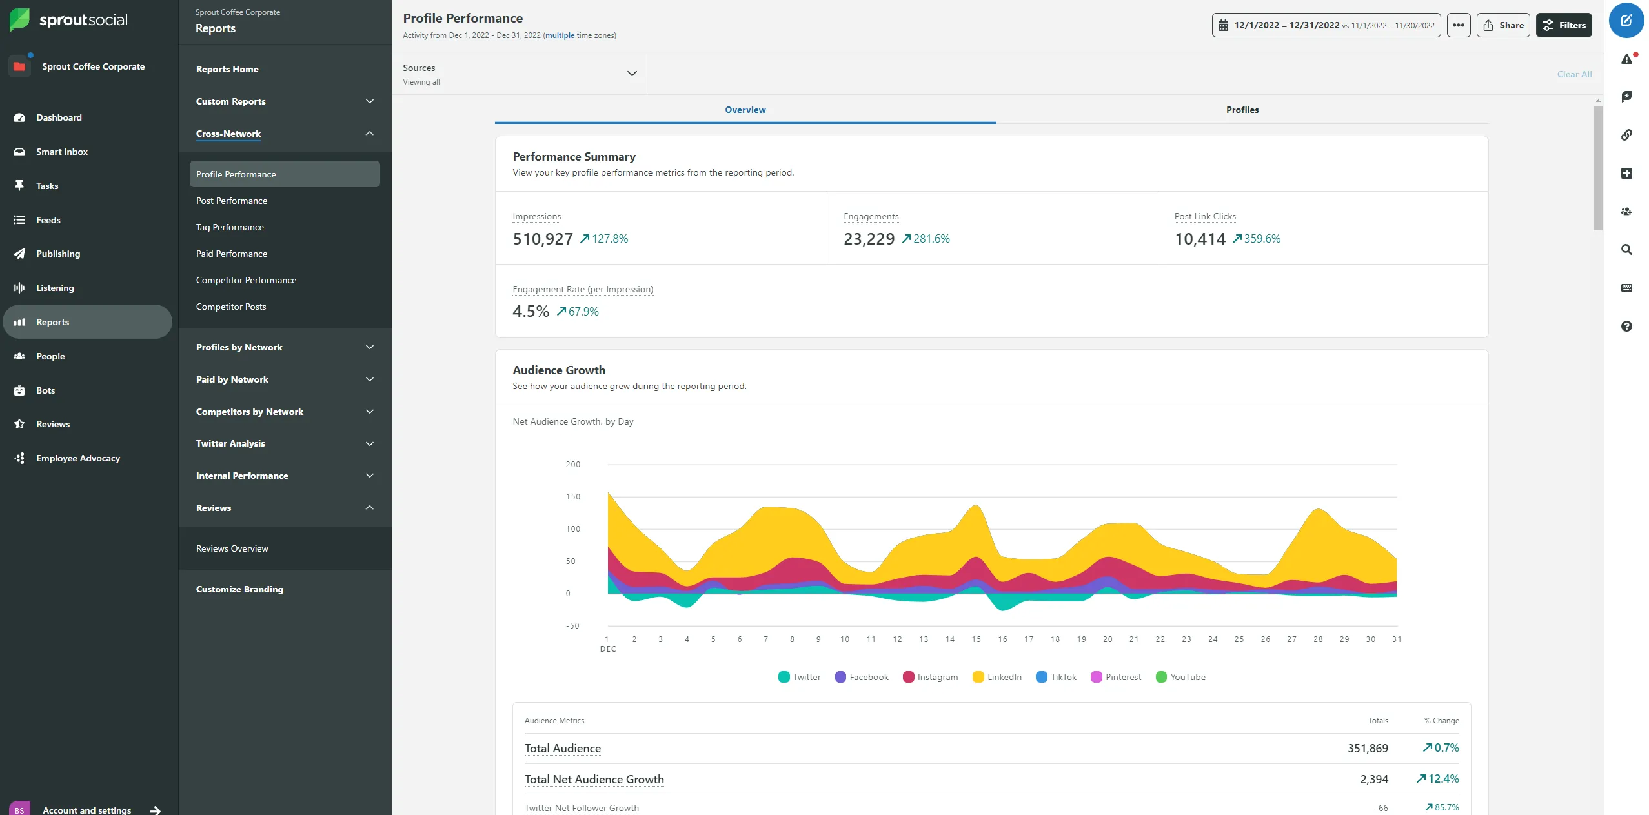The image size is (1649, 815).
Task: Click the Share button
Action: tap(1502, 25)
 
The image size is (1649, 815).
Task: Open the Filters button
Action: tap(1563, 25)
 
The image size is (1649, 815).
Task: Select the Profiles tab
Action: tap(1242, 110)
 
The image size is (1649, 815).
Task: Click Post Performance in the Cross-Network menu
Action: tap(232, 201)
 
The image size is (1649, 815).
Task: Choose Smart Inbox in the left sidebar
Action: tap(62, 152)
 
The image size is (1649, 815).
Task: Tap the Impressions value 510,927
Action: tap(542, 239)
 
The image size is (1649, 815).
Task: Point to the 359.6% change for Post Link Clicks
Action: tap(1261, 239)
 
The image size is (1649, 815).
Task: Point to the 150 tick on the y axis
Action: tap(572, 497)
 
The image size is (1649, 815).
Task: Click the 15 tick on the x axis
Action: tap(976, 639)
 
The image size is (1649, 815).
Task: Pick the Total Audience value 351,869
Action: tap(1367, 748)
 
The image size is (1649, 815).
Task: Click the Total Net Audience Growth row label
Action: tap(594, 779)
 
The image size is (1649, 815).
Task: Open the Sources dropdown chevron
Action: tap(631, 74)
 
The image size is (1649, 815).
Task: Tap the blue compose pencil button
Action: tap(1626, 21)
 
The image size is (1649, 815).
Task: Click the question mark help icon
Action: tap(1626, 326)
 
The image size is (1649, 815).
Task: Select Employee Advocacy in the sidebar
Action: tap(78, 458)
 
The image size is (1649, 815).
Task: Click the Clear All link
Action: tap(1573, 74)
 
